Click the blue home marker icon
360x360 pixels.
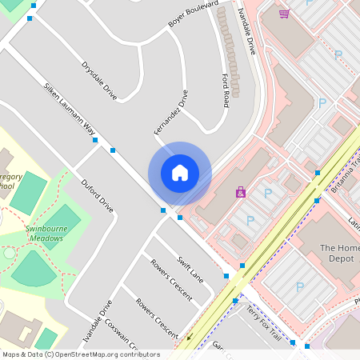[x=179, y=173]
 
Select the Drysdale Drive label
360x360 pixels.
[x=99, y=81]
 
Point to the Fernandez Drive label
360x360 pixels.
[x=170, y=112]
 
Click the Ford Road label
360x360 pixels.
[x=226, y=90]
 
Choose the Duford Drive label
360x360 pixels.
[x=97, y=195]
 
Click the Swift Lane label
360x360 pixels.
[x=190, y=269]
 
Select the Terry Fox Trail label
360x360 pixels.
[x=263, y=320]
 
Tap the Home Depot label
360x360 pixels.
[x=337, y=254]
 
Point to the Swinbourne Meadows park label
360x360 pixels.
[x=43, y=233]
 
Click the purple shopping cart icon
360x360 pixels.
[x=284, y=14]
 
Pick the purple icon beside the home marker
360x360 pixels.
[x=240, y=192]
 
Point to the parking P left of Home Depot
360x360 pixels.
[x=250, y=220]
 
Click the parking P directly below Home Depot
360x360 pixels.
[x=300, y=286]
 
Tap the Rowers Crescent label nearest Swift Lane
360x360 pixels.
[x=171, y=280]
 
